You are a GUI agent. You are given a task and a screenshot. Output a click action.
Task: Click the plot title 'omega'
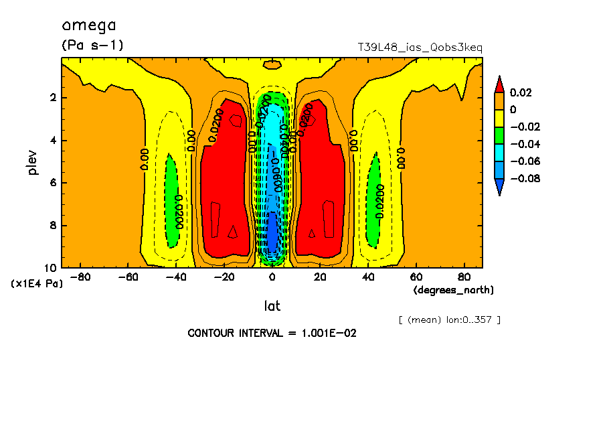tap(89, 26)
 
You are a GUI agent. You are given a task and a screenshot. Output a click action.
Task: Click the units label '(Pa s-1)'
tap(92, 46)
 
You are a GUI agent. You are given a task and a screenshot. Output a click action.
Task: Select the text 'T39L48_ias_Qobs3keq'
tap(420, 48)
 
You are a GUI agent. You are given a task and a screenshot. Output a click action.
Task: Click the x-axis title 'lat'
tap(272, 306)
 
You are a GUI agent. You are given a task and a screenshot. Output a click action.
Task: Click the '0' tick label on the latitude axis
tap(272, 277)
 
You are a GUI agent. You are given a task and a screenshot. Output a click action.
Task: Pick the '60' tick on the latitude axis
tap(416, 277)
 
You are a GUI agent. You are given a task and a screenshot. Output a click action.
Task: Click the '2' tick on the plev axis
tap(52, 98)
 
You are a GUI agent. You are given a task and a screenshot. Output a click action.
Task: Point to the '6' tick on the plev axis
tap(52, 183)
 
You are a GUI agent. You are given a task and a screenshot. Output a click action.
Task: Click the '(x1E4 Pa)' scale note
tap(37, 284)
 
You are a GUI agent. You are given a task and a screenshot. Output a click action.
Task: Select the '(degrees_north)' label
tap(454, 290)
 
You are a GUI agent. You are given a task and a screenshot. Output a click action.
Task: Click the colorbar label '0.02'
tap(521, 92)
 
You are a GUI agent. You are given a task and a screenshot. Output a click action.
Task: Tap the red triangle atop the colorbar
tap(499, 84)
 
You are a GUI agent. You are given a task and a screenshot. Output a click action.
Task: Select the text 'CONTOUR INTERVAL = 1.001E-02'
tap(272, 333)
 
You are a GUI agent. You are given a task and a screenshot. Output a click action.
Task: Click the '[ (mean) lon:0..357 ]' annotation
tap(449, 319)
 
